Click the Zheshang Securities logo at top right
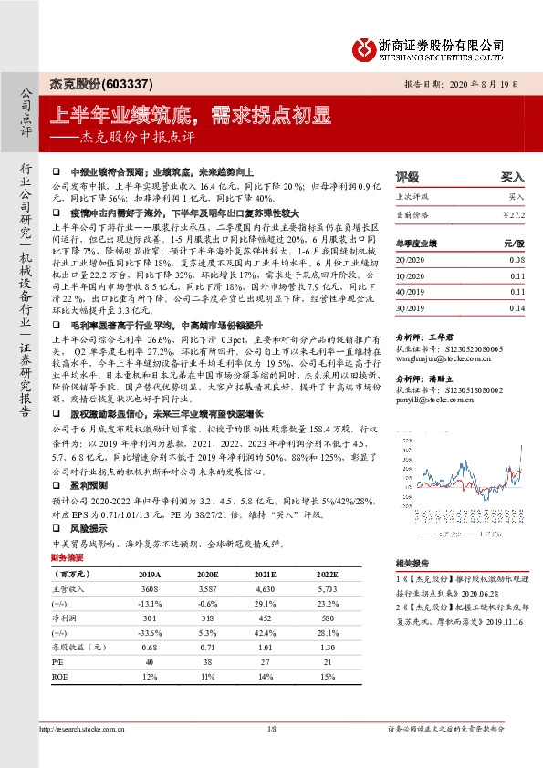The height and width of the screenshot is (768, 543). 437,47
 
